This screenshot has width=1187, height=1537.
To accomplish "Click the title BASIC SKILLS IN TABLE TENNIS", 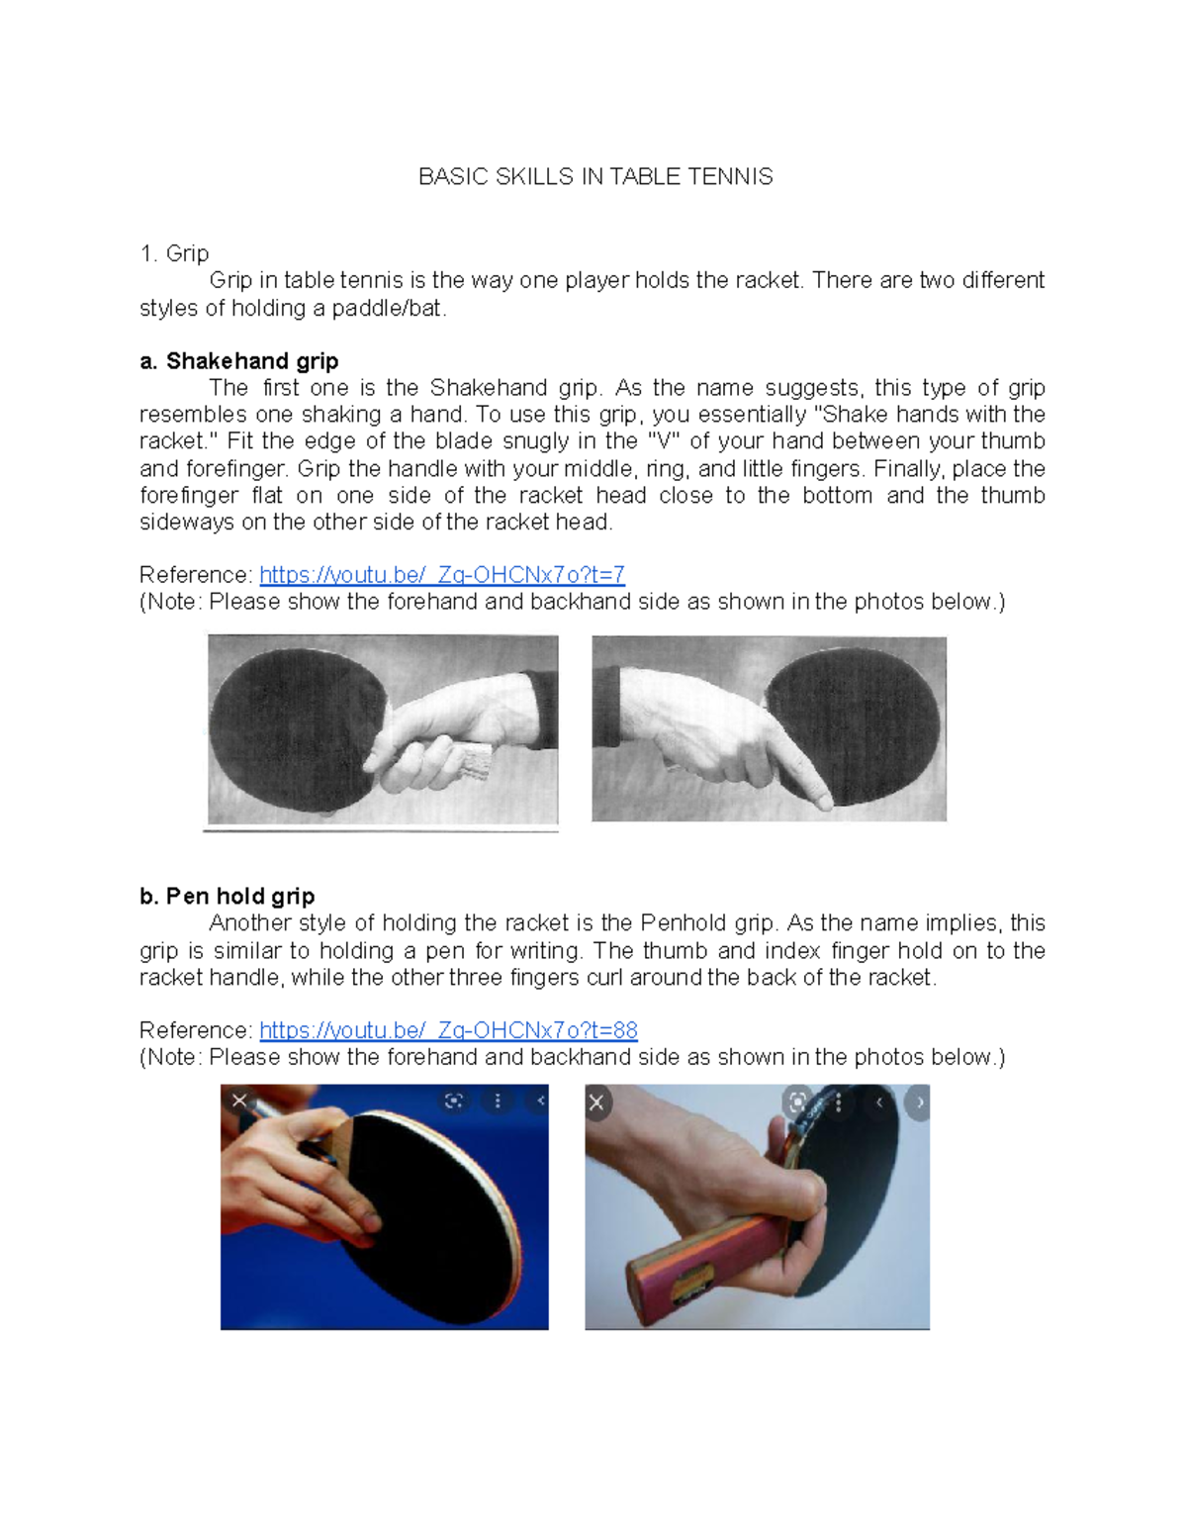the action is point(595,176).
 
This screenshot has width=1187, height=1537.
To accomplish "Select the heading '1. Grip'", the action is point(174,253).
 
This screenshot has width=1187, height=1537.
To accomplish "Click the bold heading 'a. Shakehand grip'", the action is point(239,361).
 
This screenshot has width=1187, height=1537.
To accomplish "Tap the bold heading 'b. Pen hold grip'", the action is point(227,896).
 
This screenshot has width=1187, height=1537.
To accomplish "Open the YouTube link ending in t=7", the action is point(442,574).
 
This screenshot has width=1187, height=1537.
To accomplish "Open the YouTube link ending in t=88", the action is point(448,1030).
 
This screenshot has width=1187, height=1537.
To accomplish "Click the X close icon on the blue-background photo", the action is point(239,1101).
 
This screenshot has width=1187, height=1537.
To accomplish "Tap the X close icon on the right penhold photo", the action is point(596,1102).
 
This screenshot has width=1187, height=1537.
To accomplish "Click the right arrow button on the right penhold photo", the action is point(919,1102).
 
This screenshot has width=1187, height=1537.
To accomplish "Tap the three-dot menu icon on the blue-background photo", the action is point(498,1101).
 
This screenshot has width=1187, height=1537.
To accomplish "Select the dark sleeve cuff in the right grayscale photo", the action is point(606,708).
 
